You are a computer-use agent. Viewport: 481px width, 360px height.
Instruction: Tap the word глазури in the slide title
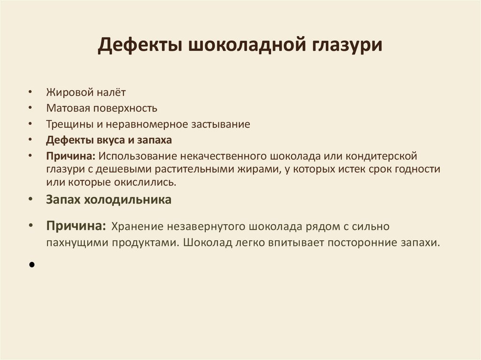coord(347,47)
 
